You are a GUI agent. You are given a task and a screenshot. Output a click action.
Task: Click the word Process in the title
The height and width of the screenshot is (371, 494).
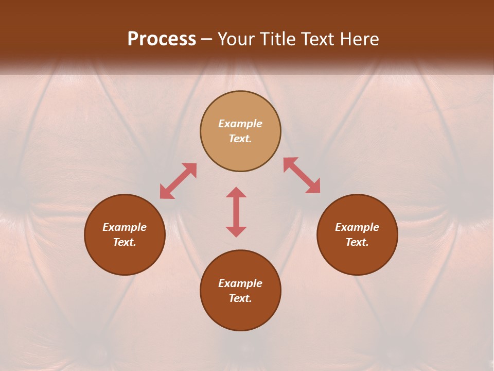pos(162,39)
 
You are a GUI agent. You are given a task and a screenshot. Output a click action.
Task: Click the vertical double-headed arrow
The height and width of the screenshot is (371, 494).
pos(236,212)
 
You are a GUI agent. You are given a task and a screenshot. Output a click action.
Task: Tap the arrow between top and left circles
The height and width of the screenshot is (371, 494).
pos(178,181)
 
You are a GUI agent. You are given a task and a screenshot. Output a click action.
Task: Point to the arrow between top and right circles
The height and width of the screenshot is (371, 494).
pos(302,175)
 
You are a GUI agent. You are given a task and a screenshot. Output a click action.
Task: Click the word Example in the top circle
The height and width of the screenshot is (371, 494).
pos(240,124)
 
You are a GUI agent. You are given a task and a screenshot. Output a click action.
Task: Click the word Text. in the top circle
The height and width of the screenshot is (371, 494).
pos(240,139)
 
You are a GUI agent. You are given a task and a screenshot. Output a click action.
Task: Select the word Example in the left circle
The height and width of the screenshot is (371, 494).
pos(125,227)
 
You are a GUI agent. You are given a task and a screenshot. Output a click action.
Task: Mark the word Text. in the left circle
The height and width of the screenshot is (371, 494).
pos(125,242)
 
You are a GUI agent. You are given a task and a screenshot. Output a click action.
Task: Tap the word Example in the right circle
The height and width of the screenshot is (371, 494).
pos(357,227)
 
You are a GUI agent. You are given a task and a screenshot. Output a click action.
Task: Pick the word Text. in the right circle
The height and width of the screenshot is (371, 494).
pos(357,242)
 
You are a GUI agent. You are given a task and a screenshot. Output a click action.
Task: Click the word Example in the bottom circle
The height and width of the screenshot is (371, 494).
pos(240,283)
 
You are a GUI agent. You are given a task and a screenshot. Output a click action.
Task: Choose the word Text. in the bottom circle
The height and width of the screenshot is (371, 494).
pos(240,298)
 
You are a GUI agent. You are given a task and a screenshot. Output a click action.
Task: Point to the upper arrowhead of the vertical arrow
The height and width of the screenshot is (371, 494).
pos(236,192)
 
